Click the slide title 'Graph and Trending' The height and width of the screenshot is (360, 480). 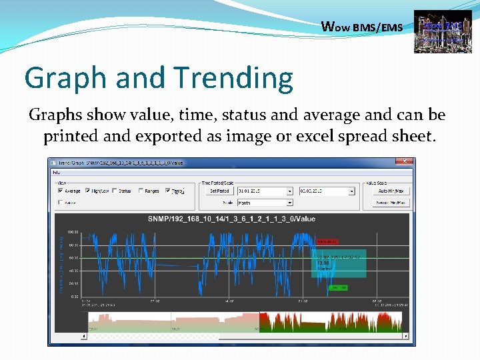[x=159, y=78]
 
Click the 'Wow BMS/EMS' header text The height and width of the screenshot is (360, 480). [x=361, y=27]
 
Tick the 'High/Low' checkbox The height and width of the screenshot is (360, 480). [x=88, y=191]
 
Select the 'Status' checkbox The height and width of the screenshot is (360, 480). [x=115, y=191]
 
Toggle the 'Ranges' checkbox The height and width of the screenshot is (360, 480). [x=141, y=191]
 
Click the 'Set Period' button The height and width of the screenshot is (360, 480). [x=219, y=191]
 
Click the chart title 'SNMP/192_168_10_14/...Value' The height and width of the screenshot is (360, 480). [x=231, y=219]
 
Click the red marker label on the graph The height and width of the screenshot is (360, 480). [x=327, y=241]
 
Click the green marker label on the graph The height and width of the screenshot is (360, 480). [x=339, y=287]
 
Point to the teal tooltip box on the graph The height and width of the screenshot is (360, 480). [x=339, y=263]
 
